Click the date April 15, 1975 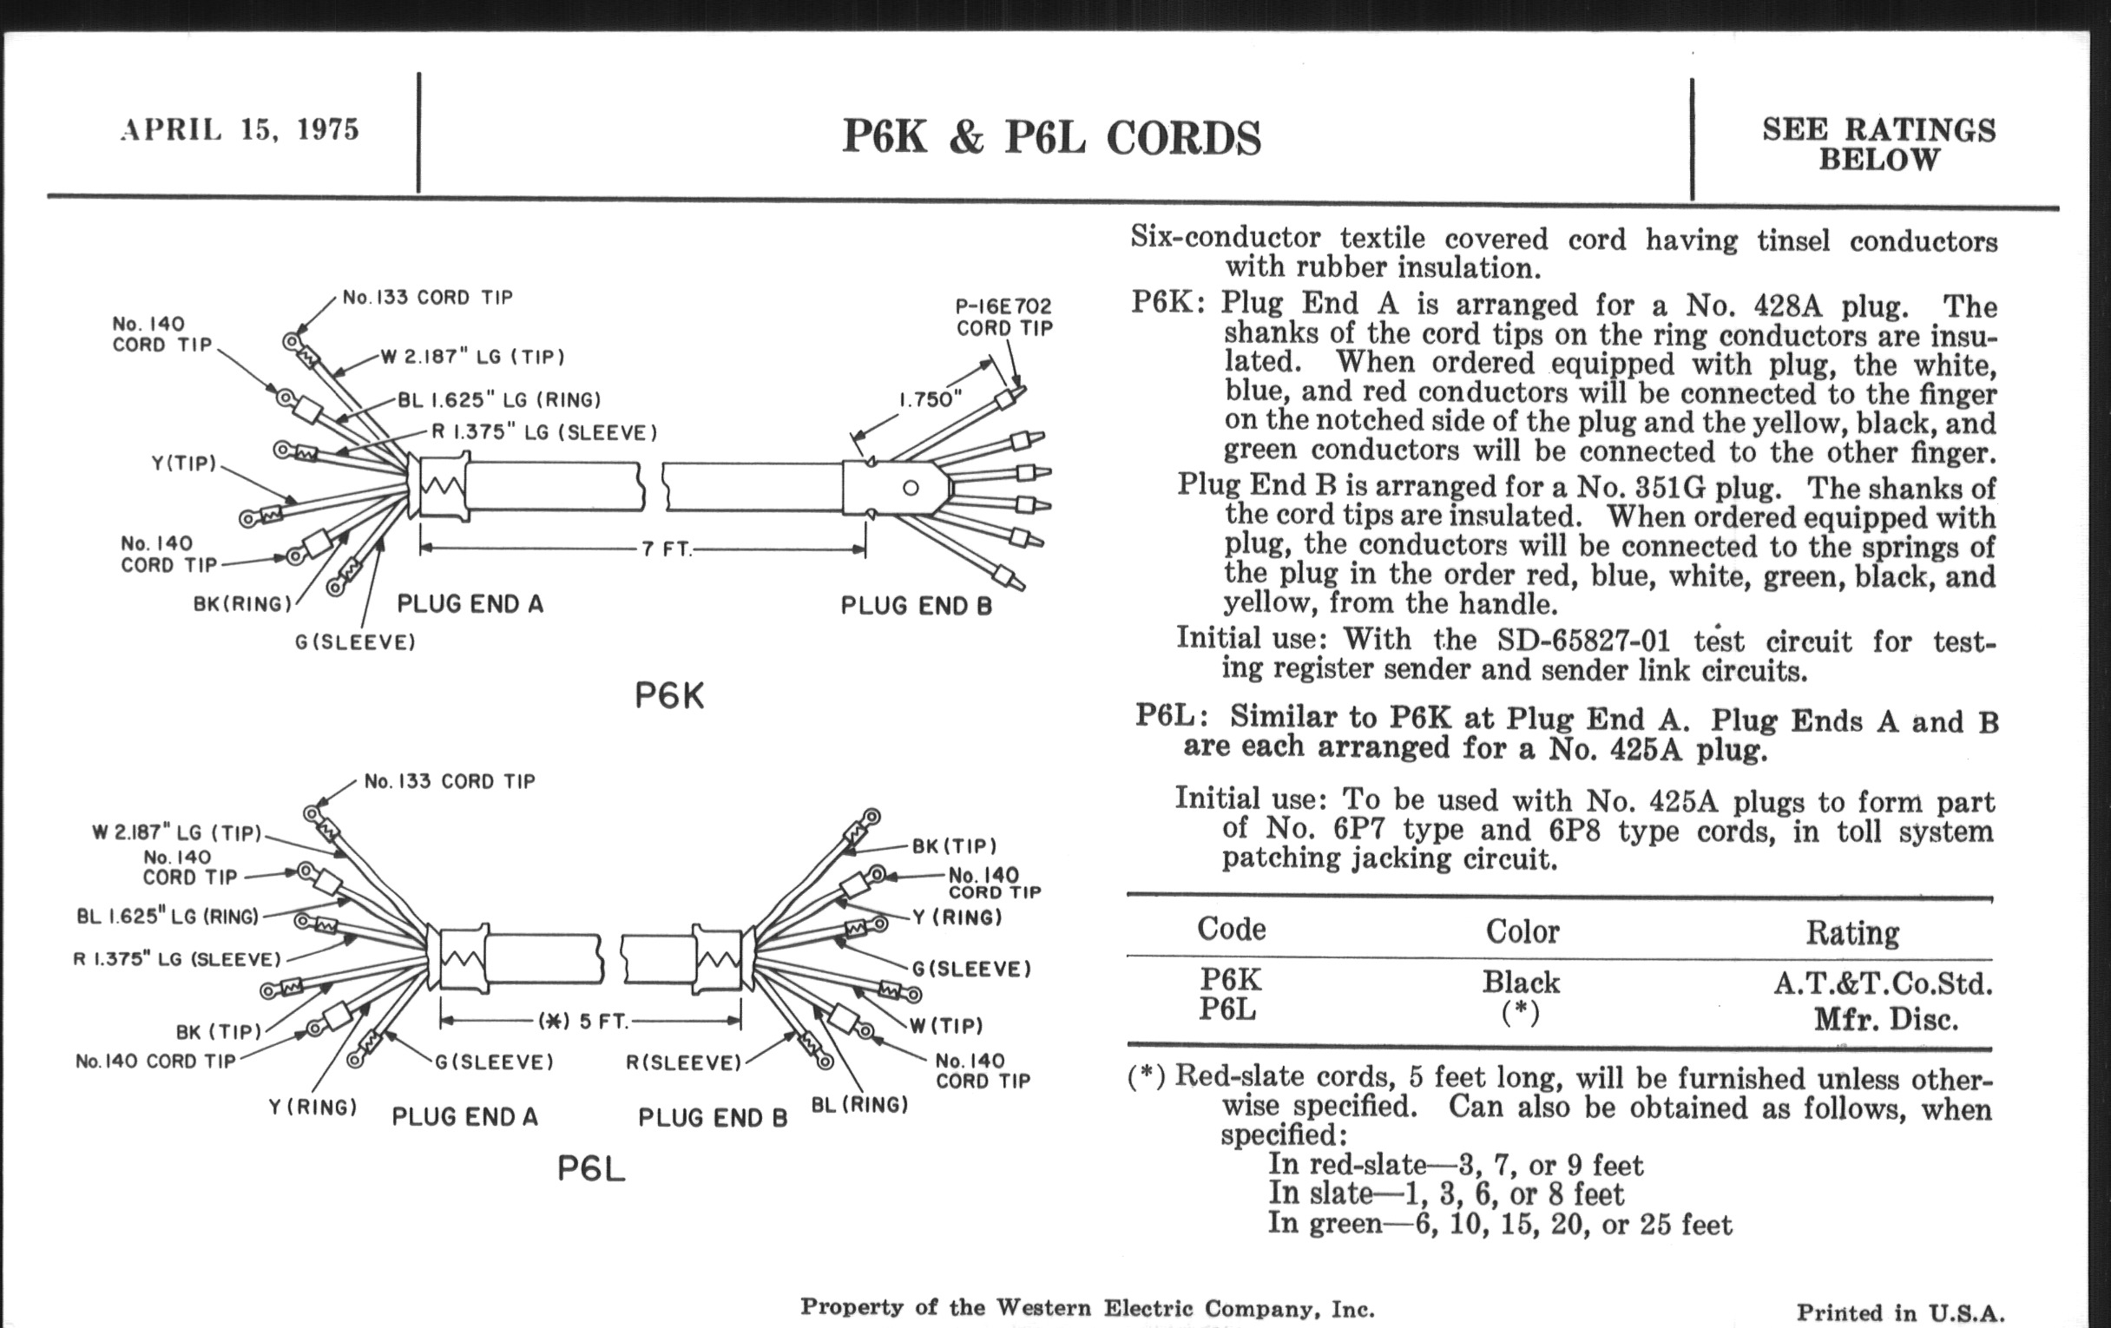coord(240,129)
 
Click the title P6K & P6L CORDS coord(1051,138)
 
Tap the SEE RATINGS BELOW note coord(1878,145)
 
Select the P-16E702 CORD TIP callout coord(1003,317)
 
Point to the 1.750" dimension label coord(931,400)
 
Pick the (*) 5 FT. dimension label coord(584,1022)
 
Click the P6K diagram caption coord(669,696)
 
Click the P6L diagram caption coord(591,1168)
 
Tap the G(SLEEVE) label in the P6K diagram coord(355,642)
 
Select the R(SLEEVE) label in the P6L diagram coord(684,1063)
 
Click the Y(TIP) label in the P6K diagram coord(184,463)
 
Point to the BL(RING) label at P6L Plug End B coord(859,1104)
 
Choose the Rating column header coord(1851,933)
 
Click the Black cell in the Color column coord(1521,982)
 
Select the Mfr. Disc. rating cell coord(1884,1020)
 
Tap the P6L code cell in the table coord(1227,1009)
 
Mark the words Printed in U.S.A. coord(1900,1312)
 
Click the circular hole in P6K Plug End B coord(911,489)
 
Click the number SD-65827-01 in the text coord(1582,641)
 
